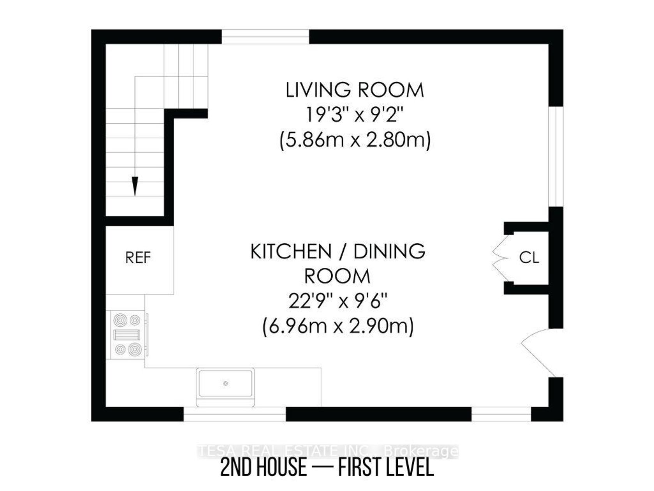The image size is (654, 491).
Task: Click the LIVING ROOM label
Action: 355,90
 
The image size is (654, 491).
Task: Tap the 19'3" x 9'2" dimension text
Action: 355,115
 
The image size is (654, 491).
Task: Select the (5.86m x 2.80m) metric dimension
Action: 355,140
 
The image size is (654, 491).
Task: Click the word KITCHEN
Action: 291,251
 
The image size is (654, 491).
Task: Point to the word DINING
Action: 389,251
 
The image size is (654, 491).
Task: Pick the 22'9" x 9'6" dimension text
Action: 338,301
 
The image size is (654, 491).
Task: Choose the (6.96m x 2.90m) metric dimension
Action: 338,327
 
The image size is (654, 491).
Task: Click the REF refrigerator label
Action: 138,258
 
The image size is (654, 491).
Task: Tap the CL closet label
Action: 529,258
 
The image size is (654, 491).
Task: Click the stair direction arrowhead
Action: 135,186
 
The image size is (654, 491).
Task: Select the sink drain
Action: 225,383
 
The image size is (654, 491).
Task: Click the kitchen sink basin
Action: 225,384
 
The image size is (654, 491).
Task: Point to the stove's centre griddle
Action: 127,335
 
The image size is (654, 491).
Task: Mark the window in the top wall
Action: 265,37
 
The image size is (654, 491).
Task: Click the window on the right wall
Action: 556,156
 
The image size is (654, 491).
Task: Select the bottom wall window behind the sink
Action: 234,414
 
